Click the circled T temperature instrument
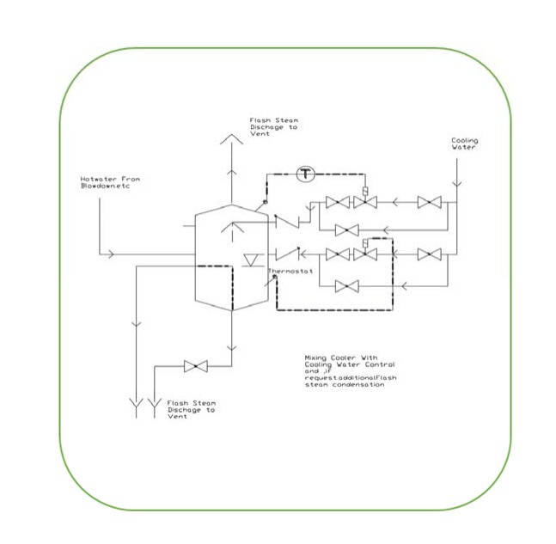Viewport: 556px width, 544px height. tap(307, 174)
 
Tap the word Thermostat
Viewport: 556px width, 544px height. tap(289, 272)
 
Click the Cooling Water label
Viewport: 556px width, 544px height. tap(465, 144)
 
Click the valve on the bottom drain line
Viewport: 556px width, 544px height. tap(196, 367)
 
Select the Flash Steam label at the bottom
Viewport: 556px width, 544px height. tap(192, 408)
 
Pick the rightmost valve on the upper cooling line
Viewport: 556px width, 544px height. tap(428, 203)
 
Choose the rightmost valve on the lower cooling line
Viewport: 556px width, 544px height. tap(428, 254)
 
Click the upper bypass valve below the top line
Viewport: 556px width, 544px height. tap(346, 230)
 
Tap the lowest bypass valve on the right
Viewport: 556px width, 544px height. tap(346, 285)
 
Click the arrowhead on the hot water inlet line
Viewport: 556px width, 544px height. tap(107, 254)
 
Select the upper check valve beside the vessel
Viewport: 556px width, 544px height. tap(286, 222)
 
